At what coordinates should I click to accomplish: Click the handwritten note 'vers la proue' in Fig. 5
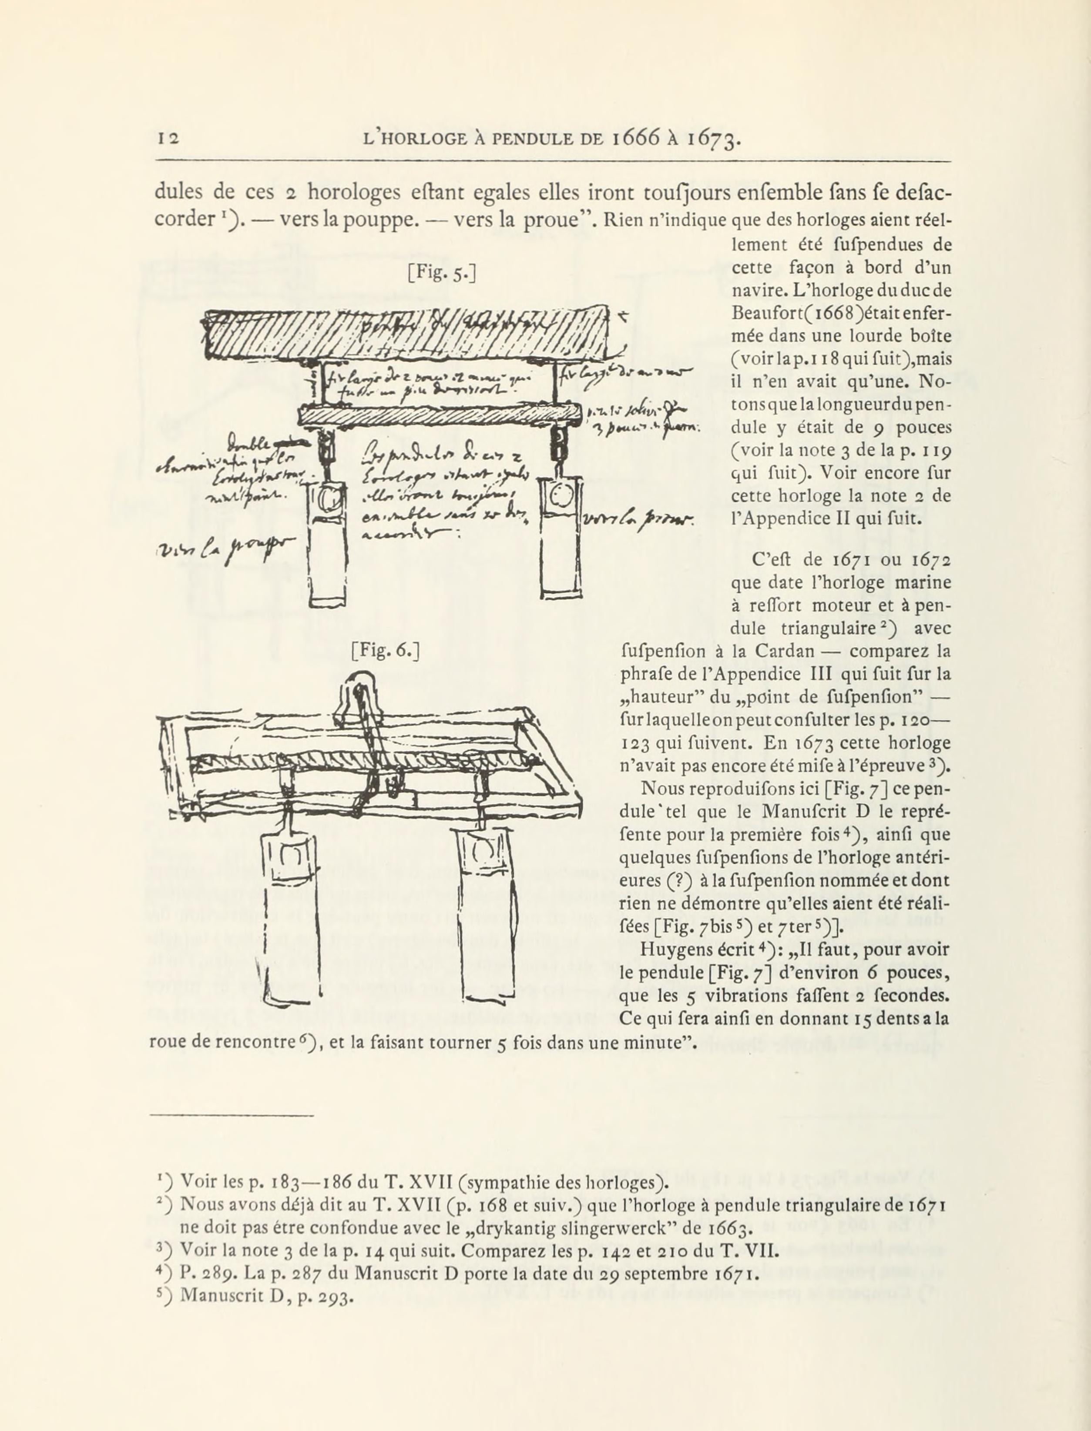[639, 520]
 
